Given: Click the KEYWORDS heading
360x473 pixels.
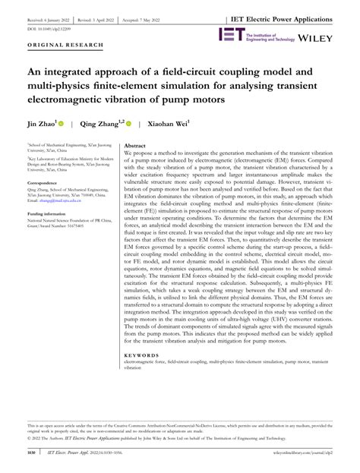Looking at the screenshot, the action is click(x=141, y=353).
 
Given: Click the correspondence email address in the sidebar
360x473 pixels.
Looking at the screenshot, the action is click(x=61, y=201).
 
